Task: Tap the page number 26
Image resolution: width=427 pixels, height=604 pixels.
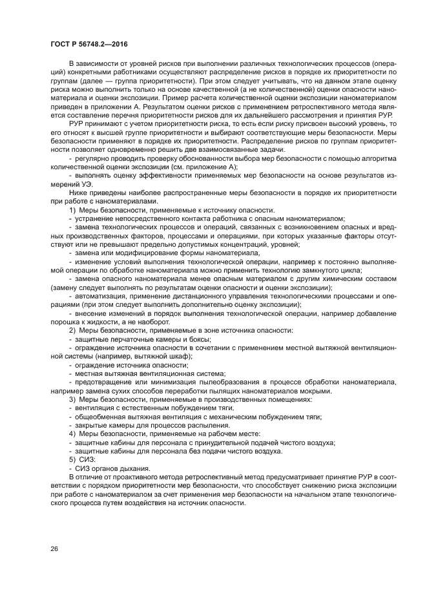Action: (x=54, y=548)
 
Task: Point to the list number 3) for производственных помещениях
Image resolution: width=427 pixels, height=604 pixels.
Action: (x=72, y=400)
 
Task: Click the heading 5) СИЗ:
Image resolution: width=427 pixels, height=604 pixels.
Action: (x=82, y=459)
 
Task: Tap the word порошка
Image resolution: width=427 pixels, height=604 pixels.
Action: (x=63, y=321)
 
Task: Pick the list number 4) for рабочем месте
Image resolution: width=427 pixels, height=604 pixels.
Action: (x=72, y=433)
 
